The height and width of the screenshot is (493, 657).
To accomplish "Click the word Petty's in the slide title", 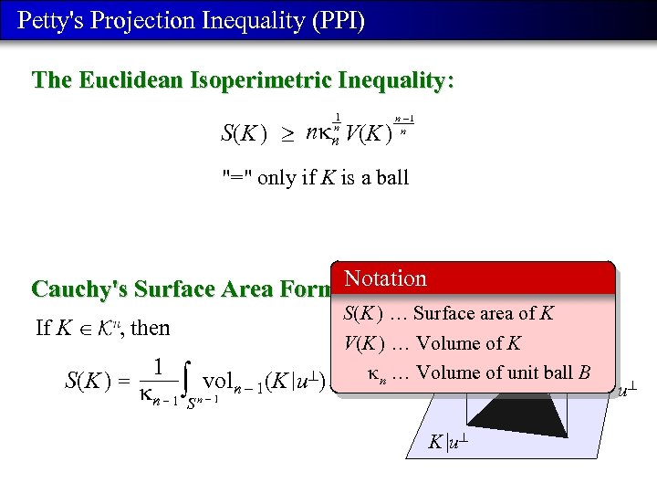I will (x=51, y=20).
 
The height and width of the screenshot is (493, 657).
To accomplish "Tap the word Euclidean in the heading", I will (x=134, y=80).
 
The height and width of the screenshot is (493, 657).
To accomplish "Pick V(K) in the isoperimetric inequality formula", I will (x=369, y=134).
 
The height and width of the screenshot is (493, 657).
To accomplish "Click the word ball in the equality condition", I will (x=391, y=177).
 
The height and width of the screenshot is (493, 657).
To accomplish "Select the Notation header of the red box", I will (x=385, y=278).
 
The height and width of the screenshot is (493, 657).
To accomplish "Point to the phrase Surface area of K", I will (x=483, y=313).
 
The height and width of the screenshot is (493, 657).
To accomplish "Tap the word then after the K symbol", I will (x=151, y=328).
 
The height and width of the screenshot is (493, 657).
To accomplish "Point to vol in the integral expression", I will (x=220, y=381).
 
